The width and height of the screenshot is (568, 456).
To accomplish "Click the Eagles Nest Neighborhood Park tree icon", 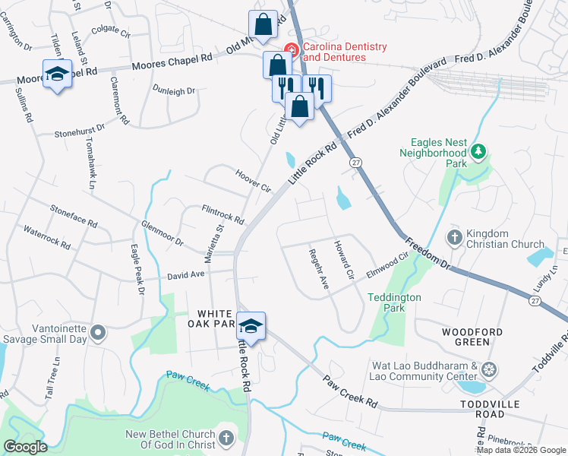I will pyautogui.click(x=478, y=152).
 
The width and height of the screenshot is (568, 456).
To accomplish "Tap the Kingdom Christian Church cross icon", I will pyautogui.click(x=454, y=239).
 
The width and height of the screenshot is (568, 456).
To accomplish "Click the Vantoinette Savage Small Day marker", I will pyautogui.click(x=98, y=333).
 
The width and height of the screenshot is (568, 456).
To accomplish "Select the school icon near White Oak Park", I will pyautogui.click(x=251, y=327).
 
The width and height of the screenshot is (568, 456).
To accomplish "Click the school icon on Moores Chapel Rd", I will pyautogui.click(x=57, y=74).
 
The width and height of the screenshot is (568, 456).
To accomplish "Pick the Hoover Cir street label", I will pyautogui.click(x=253, y=181).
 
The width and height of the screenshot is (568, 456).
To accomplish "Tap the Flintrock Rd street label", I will pyautogui.click(x=222, y=214).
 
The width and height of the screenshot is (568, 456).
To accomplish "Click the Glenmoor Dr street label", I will pyautogui.click(x=163, y=233).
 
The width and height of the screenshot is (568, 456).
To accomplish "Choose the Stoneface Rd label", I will pyautogui.click(x=74, y=216).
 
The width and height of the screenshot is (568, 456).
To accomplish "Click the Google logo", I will pyautogui.click(x=25, y=447).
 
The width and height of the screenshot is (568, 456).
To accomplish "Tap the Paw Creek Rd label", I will pyautogui.click(x=350, y=390).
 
